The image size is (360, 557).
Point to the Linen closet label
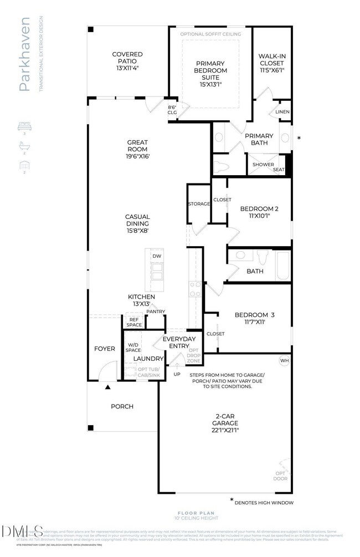[282, 113]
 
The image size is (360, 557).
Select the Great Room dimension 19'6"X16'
[137, 157]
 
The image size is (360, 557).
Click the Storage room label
[199, 204]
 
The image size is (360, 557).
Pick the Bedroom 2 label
[259, 209]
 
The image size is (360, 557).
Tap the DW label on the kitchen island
[157, 256]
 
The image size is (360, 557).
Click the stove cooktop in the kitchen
[195, 289]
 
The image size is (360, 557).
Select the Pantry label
[156, 311]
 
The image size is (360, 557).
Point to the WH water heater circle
[285, 360]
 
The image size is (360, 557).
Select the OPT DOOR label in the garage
[281, 476]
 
